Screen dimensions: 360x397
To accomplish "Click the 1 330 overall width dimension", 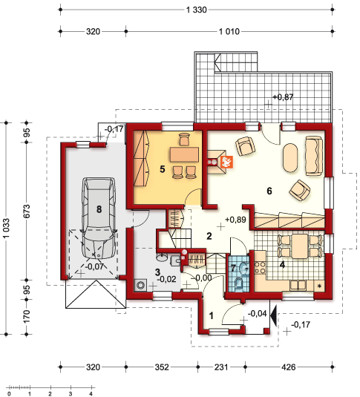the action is pyautogui.click(x=197, y=10).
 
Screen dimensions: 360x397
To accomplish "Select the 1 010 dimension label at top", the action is pyautogui.click(x=229, y=32).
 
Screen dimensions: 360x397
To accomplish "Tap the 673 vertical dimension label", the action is pyautogui.click(x=26, y=211).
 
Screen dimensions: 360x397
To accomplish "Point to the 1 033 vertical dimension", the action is pyautogui.click(x=6, y=228).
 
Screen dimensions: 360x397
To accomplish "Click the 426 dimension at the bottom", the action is pyautogui.click(x=288, y=367).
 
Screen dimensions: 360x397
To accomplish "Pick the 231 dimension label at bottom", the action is pyautogui.click(x=221, y=367).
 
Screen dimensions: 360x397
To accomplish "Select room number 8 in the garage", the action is pyautogui.click(x=99, y=209).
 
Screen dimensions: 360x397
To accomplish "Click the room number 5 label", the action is pyautogui.click(x=163, y=169).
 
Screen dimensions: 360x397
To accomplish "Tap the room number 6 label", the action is pyautogui.click(x=269, y=191).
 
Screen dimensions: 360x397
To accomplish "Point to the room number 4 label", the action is pyautogui.click(x=282, y=265).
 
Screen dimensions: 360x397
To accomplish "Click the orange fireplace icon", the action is pyautogui.click(x=226, y=162).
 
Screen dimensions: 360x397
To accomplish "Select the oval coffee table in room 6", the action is pyautogui.click(x=290, y=158).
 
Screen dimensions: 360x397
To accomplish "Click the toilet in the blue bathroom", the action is pyautogui.click(x=239, y=284).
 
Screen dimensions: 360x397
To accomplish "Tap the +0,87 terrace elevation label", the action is pyautogui.click(x=283, y=96).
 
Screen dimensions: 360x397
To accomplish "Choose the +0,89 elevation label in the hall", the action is pyautogui.click(x=235, y=220).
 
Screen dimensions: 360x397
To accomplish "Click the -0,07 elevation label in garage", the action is pyautogui.click(x=94, y=266).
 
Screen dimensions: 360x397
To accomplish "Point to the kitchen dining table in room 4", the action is pyautogui.click(x=300, y=246).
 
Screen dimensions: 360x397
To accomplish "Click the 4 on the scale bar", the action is pyautogui.click(x=91, y=394).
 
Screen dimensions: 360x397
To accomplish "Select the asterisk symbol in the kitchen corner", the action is pyautogui.click(x=319, y=286).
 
